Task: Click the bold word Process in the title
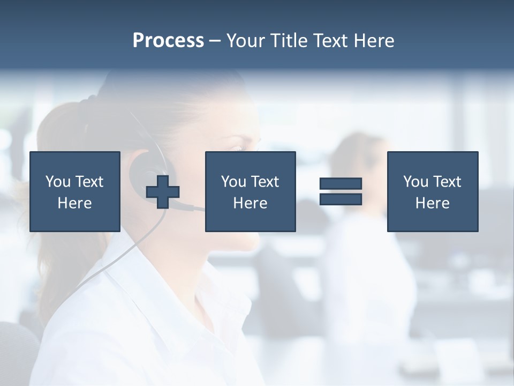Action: [x=168, y=41]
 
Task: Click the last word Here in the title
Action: [x=374, y=41]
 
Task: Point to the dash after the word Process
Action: [x=215, y=41]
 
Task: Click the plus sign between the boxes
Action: [x=163, y=191]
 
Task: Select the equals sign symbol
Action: [x=341, y=191]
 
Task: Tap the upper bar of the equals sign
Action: [x=341, y=184]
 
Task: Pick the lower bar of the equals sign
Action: [x=341, y=199]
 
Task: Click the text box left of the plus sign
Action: [x=74, y=191]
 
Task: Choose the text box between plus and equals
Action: [x=250, y=191]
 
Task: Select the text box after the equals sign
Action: [x=432, y=191]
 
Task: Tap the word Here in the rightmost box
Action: [x=432, y=203]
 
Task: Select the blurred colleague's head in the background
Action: [x=356, y=155]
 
